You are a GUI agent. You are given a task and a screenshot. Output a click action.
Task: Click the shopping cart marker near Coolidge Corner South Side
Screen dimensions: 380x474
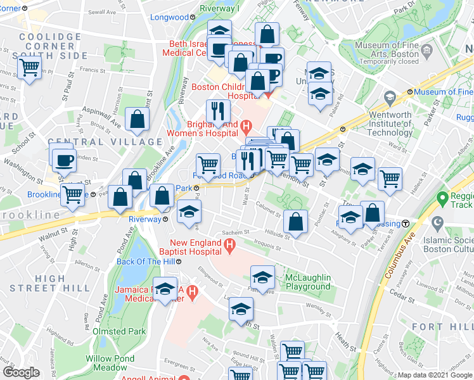click(29, 67)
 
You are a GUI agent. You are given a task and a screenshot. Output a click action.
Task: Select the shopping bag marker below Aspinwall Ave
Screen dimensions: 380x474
click(138, 118)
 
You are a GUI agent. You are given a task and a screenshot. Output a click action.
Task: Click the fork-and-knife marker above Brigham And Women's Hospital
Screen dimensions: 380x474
click(217, 111)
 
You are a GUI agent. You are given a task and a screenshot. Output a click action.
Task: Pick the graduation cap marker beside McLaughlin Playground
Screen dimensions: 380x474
click(262, 276)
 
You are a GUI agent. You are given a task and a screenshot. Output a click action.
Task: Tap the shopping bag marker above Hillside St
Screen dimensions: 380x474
click(295, 221)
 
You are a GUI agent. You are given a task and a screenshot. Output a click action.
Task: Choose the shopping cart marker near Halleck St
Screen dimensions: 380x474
click(390, 178)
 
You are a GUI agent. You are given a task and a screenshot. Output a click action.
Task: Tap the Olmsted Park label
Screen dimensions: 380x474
click(119, 331)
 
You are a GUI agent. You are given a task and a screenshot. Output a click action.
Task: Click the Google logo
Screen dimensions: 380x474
click(21, 372)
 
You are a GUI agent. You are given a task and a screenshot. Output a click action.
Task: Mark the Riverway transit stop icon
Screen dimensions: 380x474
click(165, 219)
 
